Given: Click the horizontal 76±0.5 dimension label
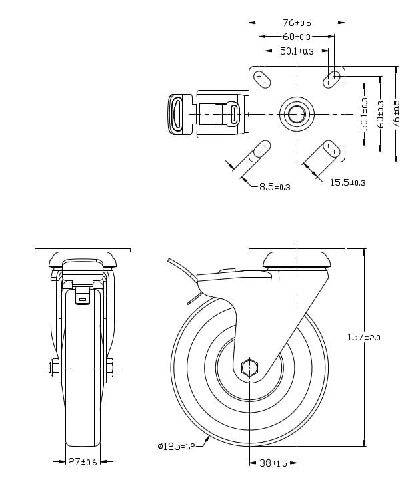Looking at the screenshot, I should (297, 22).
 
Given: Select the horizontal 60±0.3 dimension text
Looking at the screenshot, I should (297, 37).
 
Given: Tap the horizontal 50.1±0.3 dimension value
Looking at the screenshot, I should (297, 51).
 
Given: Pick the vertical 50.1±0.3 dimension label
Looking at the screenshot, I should (365, 114).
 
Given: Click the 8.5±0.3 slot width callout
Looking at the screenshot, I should (275, 187).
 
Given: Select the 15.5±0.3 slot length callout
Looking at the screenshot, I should (347, 182).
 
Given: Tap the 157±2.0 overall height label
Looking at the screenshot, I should (363, 338).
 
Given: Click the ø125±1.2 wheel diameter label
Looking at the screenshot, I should (176, 446).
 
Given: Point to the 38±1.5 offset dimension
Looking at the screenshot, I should (273, 463).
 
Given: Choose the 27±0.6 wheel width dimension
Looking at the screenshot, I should (83, 461).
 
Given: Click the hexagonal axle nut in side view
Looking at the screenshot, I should (249, 367).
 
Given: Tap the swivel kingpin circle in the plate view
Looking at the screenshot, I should (297, 114).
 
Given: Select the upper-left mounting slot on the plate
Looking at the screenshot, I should (262, 79).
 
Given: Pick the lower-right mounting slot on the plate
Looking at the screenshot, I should (331, 148).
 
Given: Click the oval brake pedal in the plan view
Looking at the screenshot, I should (178, 114).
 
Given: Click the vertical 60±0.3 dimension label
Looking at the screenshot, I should (381, 114).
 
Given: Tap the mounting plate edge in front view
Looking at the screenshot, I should (83, 251).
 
